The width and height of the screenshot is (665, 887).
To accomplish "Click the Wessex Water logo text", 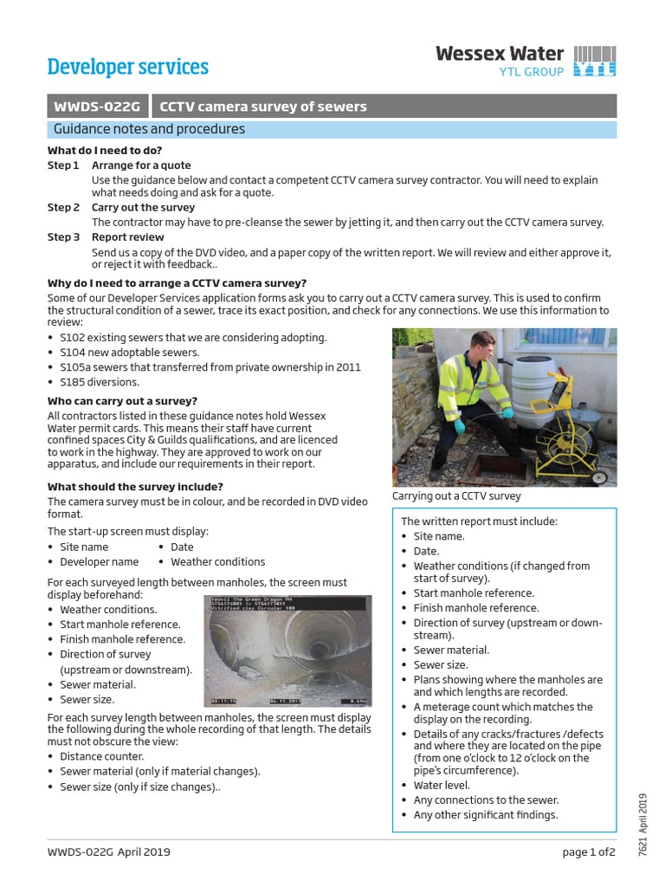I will pyautogui.click(x=500, y=54).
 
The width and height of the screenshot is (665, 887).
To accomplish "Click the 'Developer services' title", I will pyautogui.click(x=127, y=67).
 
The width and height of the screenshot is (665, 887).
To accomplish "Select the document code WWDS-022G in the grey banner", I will pyautogui.click(x=98, y=107).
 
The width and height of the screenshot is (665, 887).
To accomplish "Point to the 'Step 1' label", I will pyautogui.click(x=63, y=165).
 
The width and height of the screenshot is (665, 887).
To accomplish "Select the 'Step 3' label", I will pyautogui.click(x=63, y=236).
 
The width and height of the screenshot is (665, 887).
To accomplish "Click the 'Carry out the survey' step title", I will pyautogui.click(x=143, y=208).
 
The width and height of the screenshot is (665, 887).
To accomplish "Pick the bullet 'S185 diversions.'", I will pyautogui.click(x=99, y=382).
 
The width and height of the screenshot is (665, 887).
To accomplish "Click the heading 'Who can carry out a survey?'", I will pyautogui.click(x=122, y=401).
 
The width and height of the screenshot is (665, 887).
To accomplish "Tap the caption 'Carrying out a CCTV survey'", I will pyautogui.click(x=456, y=496).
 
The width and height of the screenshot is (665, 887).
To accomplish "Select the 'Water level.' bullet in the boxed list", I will pyautogui.click(x=442, y=786).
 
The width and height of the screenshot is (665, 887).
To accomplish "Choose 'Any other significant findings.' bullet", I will pyautogui.click(x=485, y=815).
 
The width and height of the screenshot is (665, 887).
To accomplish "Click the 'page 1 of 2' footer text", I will pyautogui.click(x=588, y=852).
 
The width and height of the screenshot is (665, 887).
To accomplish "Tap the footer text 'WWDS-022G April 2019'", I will pyautogui.click(x=109, y=852).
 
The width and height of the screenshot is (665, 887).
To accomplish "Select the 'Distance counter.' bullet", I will pyautogui.click(x=104, y=756).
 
